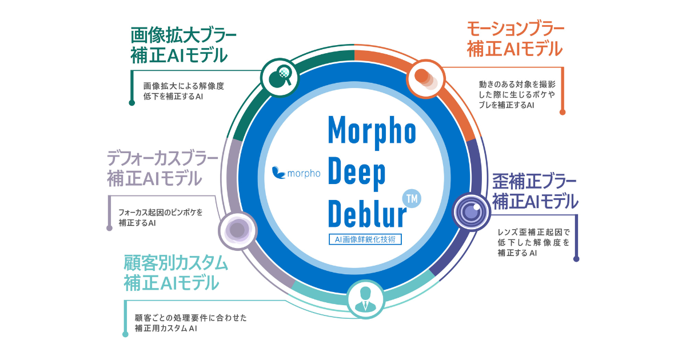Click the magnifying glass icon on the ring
[x=280, y=76]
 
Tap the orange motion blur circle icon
[x=425, y=79]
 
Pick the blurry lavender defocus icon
[x=238, y=231]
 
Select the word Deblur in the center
[x=366, y=212]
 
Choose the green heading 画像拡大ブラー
[x=184, y=35]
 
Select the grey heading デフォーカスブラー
[x=162, y=157]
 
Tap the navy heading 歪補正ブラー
[x=535, y=182]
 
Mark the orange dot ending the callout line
[x=563, y=112]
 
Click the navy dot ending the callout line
[x=576, y=259]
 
